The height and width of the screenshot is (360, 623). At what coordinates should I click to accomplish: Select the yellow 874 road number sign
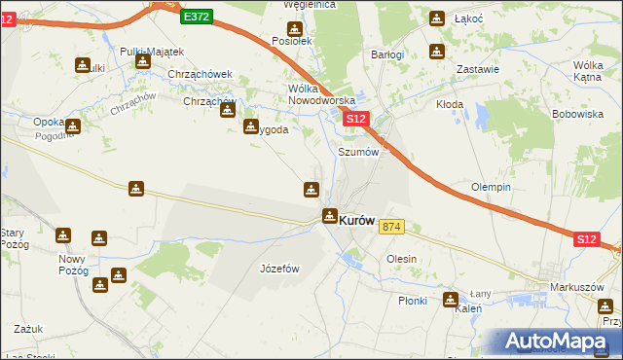point(391,227)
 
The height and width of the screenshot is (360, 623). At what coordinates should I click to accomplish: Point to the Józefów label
point(278,269)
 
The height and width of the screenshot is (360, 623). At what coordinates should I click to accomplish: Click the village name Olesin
point(401,260)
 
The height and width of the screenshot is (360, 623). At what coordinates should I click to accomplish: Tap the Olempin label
point(492,187)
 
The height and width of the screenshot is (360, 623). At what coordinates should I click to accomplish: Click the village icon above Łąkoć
point(437,18)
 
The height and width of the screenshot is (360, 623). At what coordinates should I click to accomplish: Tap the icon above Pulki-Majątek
point(143,61)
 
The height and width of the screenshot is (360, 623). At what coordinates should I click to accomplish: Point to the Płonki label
point(412,301)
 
